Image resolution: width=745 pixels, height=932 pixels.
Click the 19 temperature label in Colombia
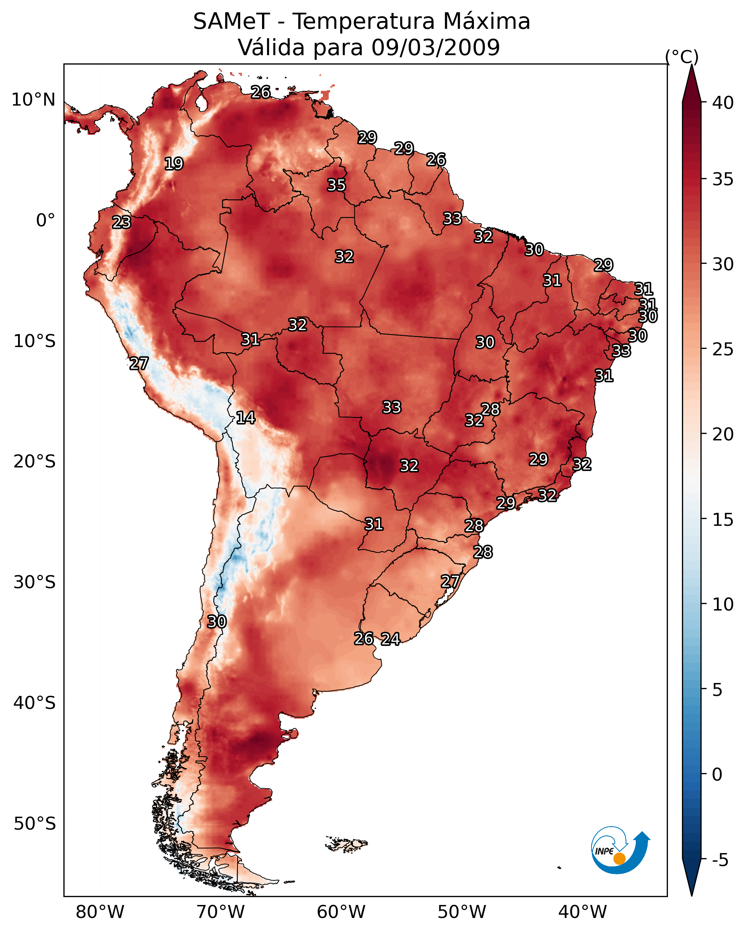coord(174,164)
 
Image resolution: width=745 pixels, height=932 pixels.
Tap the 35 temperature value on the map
coord(336,185)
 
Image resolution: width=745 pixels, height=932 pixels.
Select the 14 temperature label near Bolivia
coord(245,418)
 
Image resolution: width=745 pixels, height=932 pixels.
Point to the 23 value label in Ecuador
coord(121,222)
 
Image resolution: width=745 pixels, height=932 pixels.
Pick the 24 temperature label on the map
coord(390,639)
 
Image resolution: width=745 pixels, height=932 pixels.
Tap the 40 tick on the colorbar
coord(723,103)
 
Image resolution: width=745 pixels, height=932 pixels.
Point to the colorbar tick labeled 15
coord(723,520)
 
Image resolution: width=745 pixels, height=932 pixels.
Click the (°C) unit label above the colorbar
coord(682,57)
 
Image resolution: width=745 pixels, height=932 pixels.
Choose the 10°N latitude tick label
coord(33,100)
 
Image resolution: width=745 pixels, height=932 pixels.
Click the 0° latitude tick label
coord(45,221)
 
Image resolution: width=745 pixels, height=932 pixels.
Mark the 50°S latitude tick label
coord(35,824)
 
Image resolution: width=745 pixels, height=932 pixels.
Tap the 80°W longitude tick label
coord(100,912)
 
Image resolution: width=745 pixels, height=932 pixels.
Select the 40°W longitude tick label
coord(582,912)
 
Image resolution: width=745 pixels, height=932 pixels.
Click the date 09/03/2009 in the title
coord(435,47)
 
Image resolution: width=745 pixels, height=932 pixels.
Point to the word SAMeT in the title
coord(232,22)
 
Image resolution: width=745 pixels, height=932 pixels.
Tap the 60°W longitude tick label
coord(341,912)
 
